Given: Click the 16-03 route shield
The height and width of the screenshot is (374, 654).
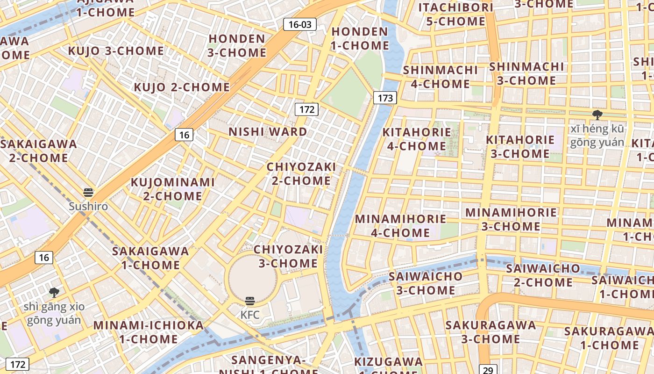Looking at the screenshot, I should [300, 24].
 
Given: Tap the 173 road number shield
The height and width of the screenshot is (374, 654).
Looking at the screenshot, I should [385, 98].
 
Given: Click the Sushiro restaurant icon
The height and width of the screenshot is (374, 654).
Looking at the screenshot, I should [88, 193].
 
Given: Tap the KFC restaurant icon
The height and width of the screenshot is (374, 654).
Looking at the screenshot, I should [250, 301].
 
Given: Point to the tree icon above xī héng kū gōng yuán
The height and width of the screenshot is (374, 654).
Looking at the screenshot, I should [597, 115].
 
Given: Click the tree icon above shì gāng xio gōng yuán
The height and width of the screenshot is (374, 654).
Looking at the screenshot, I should [54, 293].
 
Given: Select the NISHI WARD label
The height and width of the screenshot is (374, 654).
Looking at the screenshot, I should [268, 132].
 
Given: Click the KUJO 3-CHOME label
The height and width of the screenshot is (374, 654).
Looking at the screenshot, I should [116, 51].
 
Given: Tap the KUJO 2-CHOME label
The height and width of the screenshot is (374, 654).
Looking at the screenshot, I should [182, 87].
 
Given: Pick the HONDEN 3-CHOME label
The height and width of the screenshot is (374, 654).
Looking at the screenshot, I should [237, 45].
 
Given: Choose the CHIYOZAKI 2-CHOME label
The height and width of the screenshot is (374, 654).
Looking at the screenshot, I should [301, 173].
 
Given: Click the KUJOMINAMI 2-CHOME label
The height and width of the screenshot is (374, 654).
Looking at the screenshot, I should [172, 189].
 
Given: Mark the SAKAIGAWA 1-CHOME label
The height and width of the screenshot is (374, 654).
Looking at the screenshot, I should [150, 258].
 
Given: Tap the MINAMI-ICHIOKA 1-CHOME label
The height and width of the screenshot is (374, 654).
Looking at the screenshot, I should [149, 331].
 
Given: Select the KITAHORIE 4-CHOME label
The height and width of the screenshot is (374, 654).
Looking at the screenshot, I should [417, 139].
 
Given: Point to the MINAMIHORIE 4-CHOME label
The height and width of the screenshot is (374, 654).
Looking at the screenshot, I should [400, 225].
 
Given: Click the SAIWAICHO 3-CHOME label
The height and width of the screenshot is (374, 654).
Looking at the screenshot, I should [426, 283].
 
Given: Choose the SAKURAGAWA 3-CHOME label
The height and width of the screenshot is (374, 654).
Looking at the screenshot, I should [490, 331].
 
